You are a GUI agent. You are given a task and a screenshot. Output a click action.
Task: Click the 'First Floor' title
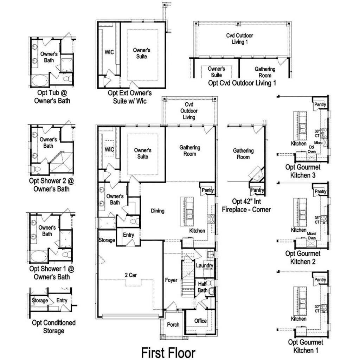[168, 353]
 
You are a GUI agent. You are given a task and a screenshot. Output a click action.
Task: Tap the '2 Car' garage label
[131, 275]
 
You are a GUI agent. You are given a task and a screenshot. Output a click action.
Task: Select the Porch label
[173, 324]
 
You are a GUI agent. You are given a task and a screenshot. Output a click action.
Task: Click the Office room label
[200, 321]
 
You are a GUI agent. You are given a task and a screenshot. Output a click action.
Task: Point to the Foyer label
[171, 280]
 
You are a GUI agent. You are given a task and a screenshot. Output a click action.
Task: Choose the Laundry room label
[205, 265]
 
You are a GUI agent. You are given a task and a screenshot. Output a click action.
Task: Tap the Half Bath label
[202, 287]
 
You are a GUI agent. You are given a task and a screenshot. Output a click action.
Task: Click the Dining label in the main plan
[157, 211]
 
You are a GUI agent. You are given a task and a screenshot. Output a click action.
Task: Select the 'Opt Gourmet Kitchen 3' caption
[303, 171]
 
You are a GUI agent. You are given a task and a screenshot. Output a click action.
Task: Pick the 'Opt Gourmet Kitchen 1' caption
[306, 346]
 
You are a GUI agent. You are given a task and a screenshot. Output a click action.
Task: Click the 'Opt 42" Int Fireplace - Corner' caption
[246, 205]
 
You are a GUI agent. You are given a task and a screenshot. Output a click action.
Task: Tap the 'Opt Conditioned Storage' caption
[54, 327]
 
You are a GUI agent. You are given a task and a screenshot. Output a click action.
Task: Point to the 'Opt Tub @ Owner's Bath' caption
[52, 97]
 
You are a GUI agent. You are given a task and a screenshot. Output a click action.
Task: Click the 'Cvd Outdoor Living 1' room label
[239, 39]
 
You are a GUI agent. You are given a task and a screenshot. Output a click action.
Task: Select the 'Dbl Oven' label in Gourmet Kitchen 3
[311, 149]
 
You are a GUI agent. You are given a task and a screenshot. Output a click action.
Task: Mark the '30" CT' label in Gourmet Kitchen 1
[317, 309]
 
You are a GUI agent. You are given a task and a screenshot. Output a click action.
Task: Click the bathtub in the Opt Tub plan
[40, 81]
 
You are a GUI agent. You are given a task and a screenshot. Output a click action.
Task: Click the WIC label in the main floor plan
[109, 149]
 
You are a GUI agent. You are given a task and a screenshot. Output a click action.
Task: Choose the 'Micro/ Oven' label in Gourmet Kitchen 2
[311, 236]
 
